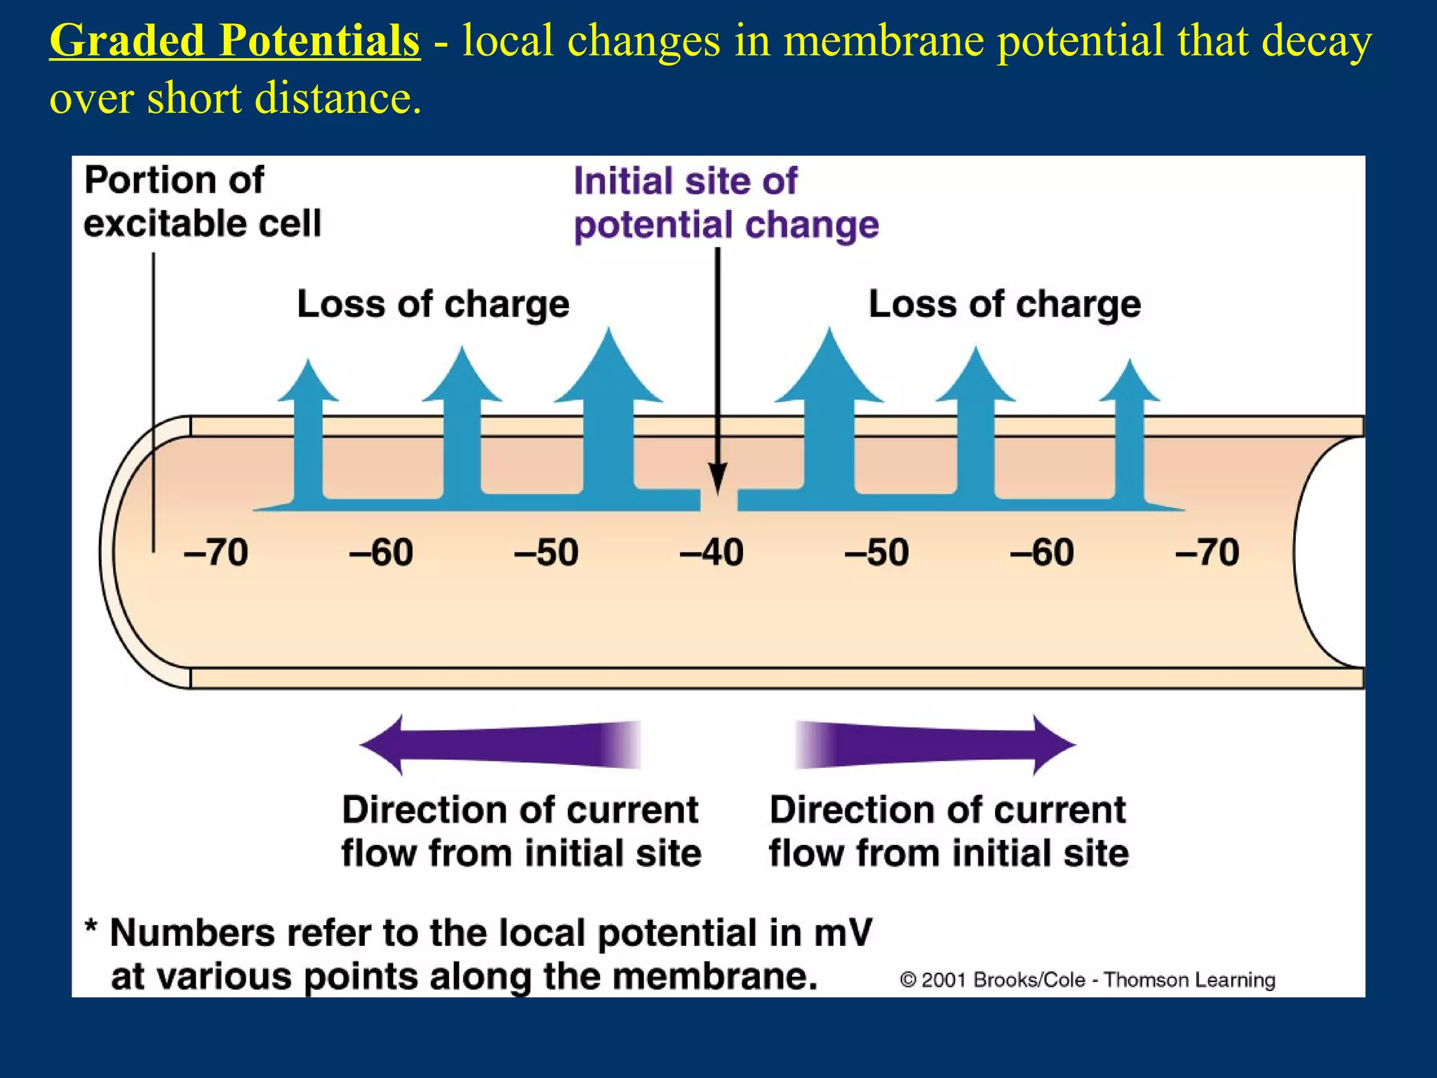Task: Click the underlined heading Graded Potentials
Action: [x=234, y=41]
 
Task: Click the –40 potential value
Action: [x=711, y=552]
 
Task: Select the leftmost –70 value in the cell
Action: [x=216, y=552]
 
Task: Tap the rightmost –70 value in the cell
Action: [x=1207, y=552]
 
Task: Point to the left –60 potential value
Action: [x=381, y=552]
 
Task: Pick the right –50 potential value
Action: [x=877, y=552]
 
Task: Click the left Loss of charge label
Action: [x=433, y=305]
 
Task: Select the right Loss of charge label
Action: [x=1004, y=305]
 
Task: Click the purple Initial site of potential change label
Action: [x=726, y=204]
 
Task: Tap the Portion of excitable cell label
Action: [x=202, y=202]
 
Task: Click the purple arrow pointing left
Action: [x=500, y=745]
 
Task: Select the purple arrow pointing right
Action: [x=935, y=745]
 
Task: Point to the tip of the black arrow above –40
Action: [x=717, y=491]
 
